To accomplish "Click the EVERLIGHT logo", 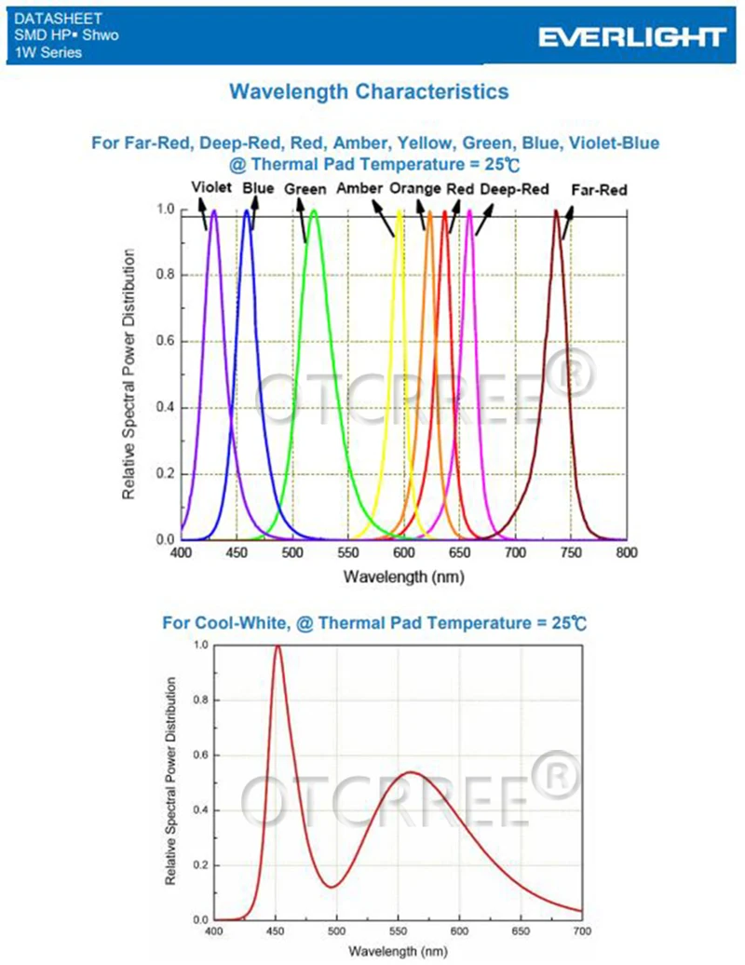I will click(x=631, y=36).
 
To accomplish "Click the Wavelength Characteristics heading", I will click(x=369, y=91).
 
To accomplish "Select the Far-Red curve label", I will click(x=599, y=189).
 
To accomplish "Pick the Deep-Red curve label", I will click(x=514, y=189).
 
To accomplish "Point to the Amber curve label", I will click(x=359, y=189).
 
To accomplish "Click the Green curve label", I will click(x=305, y=189).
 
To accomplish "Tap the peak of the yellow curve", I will click(x=400, y=211).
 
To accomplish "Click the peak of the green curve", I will click(x=314, y=211).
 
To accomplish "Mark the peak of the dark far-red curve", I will click(x=557, y=211).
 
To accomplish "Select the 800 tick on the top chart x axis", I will click(x=627, y=552).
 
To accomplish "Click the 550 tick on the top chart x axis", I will click(x=348, y=552).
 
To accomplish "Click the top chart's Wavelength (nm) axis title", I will click(x=403, y=577).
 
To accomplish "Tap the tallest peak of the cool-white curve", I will click(x=278, y=646).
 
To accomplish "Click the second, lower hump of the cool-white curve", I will click(x=412, y=772).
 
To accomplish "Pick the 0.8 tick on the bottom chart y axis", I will click(x=198, y=700).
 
